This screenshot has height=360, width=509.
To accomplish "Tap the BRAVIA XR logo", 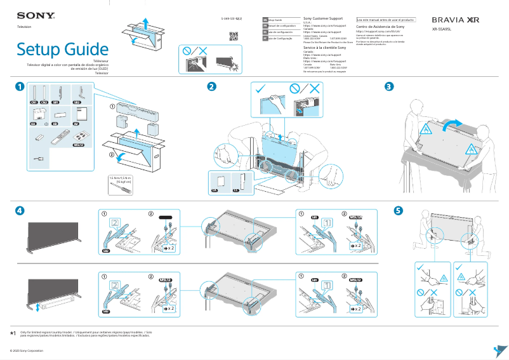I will click(x=455, y=20).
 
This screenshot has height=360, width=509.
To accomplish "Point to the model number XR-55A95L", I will click(x=443, y=29).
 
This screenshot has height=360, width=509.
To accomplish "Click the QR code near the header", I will click(x=234, y=35).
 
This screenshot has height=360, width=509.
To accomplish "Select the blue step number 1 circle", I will click(x=20, y=86).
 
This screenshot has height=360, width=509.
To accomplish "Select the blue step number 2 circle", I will click(x=211, y=86).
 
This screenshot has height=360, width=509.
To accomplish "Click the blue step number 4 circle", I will click(x=20, y=210).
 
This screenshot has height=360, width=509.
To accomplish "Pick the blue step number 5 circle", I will click(x=398, y=210).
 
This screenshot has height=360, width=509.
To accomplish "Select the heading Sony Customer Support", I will click(x=327, y=20).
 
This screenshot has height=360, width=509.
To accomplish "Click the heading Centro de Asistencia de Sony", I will click(x=380, y=27).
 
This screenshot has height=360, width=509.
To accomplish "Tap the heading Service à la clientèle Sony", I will click(x=324, y=48).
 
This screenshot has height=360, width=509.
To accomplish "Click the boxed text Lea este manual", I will click(x=386, y=20).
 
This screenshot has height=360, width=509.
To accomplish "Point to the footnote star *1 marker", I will click(x=13, y=333).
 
